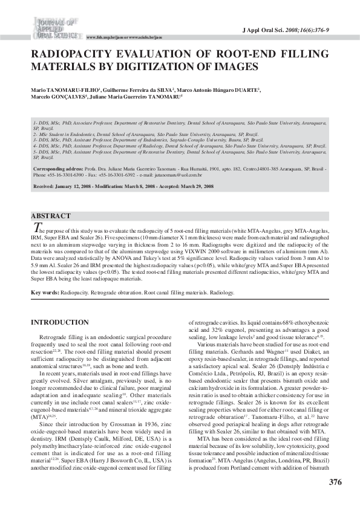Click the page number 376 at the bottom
(335, 482)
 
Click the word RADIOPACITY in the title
(71, 54)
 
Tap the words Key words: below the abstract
(45, 292)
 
